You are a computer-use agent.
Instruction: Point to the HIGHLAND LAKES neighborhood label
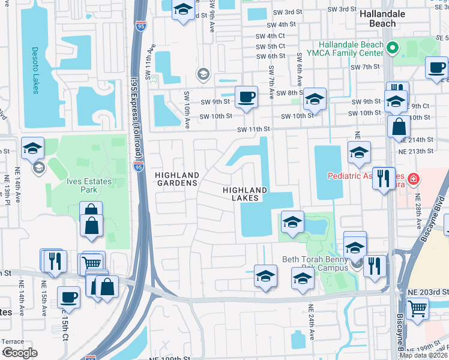(x=244, y=193)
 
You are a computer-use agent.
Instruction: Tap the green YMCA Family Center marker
(x=394, y=47)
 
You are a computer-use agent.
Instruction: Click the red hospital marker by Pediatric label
(x=413, y=178)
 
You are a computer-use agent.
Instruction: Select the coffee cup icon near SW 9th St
(x=246, y=97)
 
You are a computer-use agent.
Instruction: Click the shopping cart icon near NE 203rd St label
(x=417, y=309)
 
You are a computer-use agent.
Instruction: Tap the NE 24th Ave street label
(x=312, y=322)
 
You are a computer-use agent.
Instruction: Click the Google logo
(x=19, y=353)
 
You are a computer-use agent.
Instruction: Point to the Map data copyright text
(x=424, y=355)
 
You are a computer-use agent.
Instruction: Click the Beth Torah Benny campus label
(x=315, y=263)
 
